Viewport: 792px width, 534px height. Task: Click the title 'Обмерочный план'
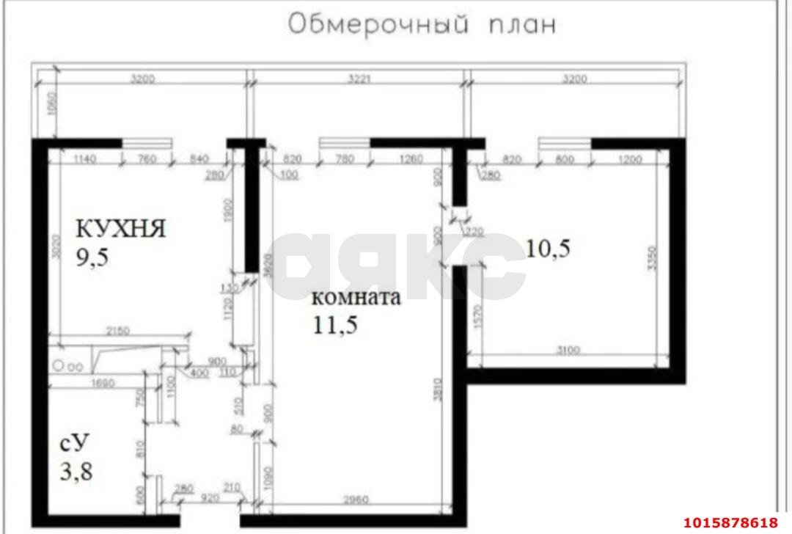click(422, 23)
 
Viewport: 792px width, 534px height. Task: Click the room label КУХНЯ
click(121, 228)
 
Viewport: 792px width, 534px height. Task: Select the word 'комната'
click(356, 298)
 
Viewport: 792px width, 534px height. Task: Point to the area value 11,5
click(335, 325)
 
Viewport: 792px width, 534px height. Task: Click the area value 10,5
click(548, 249)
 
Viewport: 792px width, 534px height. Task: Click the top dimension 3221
click(357, 80)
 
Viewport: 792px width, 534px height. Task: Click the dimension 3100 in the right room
click(568, 351)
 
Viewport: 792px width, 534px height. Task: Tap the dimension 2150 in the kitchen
click(117, 331)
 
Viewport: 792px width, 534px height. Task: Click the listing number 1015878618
click(729, 522)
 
